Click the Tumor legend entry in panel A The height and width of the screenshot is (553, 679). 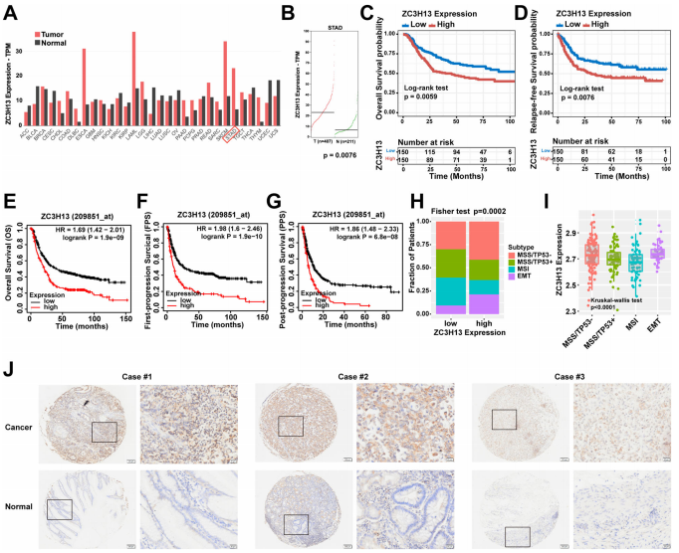[x=60, y=18]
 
